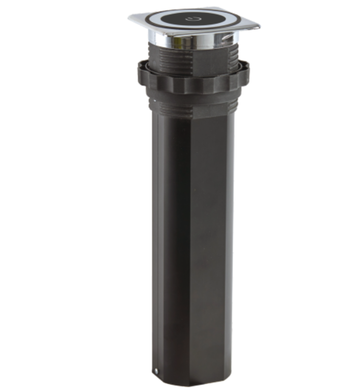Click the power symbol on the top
[x=192, y=19]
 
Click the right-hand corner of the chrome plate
[x=258, y=26]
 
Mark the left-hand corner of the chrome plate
[x=130, y=17]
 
